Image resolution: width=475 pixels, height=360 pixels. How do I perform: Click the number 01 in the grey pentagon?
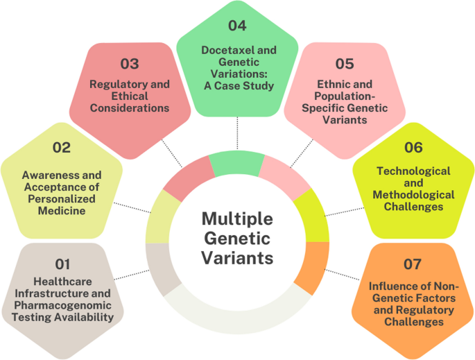click(x=63, y=264)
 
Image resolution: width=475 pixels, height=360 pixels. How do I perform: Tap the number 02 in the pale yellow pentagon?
click(x=62, y=147)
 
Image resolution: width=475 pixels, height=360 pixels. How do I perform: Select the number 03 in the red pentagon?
click(x=129, y=65)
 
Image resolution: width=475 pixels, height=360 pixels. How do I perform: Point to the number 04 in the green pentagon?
click(x=237, y=26)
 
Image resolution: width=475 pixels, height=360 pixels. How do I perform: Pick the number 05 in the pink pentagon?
click(x=345, y=64)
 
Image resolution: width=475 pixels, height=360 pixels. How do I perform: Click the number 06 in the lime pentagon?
click(x=413, y=147)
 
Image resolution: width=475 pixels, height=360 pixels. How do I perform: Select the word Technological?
click(x=413, y=171)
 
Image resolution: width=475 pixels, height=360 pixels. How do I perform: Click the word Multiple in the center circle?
click(x=238, y=219)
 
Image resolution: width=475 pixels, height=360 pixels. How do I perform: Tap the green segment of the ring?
click(x=234, y=162)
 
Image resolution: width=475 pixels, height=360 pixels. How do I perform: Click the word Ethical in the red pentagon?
click(x=110, y=96)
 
